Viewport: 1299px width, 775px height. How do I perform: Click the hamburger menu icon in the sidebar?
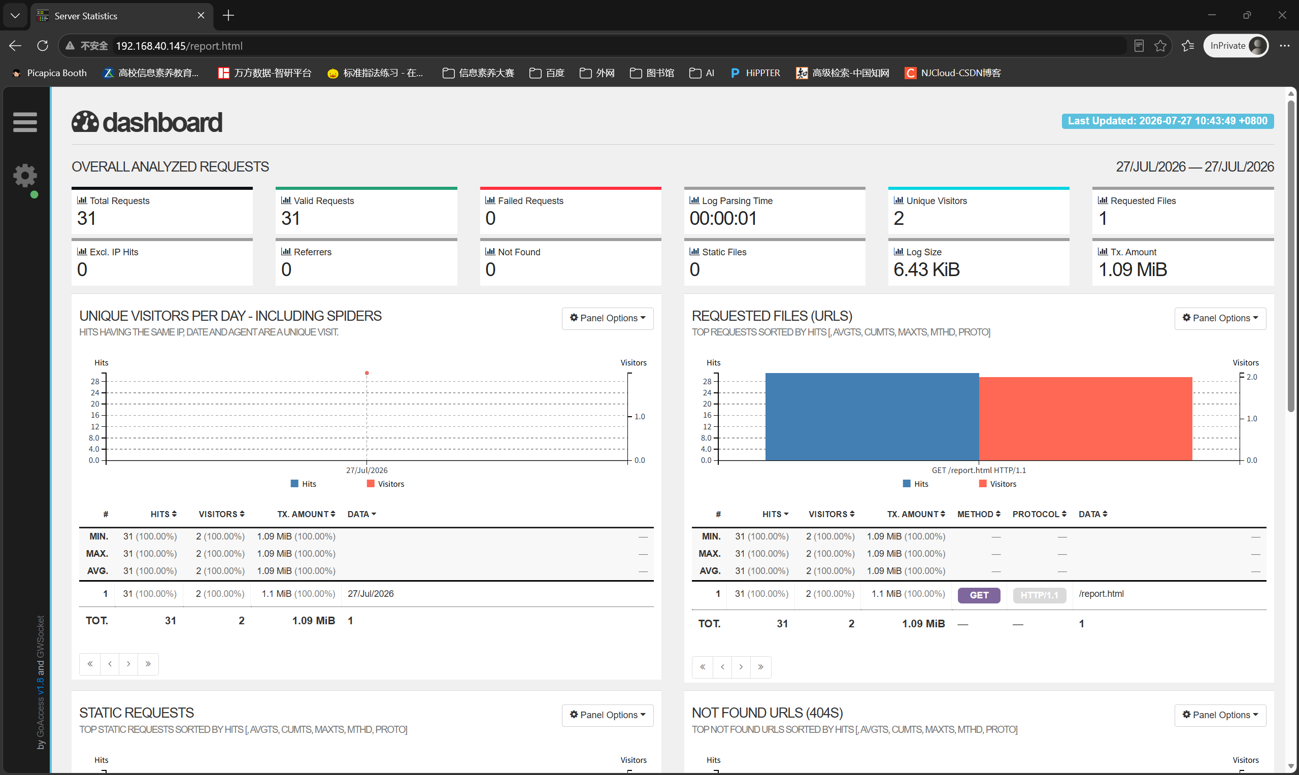point(25,122)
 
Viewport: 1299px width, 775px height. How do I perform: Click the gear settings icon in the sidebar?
point(25,176)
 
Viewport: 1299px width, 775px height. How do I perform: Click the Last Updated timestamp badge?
point(1168,121)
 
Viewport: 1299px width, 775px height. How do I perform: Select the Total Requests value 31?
point(87,218)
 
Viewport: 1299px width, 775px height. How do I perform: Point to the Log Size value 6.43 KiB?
point(926,269)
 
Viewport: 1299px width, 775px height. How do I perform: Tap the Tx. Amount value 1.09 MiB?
point(1133,269)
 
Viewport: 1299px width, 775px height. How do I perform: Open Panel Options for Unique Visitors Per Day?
point(608,318)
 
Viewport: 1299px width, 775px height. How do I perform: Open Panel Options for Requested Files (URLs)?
point(1220,318)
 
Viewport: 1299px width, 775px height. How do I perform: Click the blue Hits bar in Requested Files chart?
point(872,416)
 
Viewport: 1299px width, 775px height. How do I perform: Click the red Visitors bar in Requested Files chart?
point(1085,418)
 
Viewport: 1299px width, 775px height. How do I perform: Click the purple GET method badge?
point(979,595)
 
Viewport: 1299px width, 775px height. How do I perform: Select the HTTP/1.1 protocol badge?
point(1040,595)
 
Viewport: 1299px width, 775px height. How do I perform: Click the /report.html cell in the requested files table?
point(1101,594)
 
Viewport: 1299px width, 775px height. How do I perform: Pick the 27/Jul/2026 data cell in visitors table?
point(371,594)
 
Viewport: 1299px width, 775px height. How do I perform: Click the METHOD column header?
point(978,515)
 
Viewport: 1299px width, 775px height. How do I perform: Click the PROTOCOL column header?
point(1039,515)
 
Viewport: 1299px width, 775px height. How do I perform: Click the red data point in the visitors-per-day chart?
point(367,373)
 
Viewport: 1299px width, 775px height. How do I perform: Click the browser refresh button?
point(43,46)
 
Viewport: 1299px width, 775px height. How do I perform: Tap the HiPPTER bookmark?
point(755,73)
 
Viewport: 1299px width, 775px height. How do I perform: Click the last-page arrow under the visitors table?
point(148,664)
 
